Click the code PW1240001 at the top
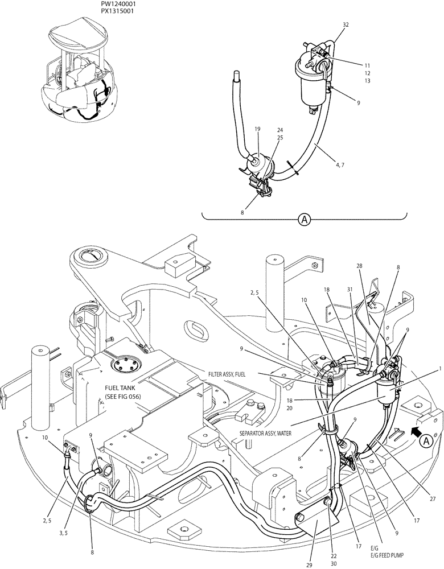coord(114,3)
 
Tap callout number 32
coord(346,24)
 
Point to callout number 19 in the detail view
coord(257,130)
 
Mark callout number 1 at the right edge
coord(439,369)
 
